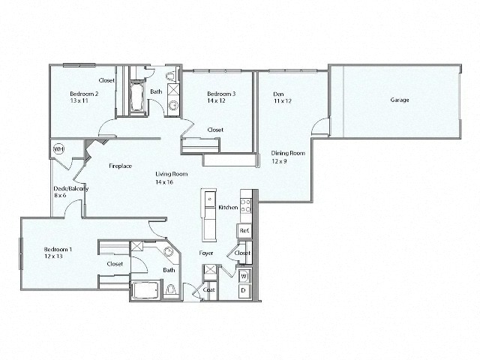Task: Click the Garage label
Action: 399,100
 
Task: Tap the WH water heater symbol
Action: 58,148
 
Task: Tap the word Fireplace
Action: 120,165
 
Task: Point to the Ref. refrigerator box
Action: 244,231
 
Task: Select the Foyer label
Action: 206,253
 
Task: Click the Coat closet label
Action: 210,289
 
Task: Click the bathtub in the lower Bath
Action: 145,289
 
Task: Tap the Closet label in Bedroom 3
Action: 216,130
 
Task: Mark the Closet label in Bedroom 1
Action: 115,264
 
